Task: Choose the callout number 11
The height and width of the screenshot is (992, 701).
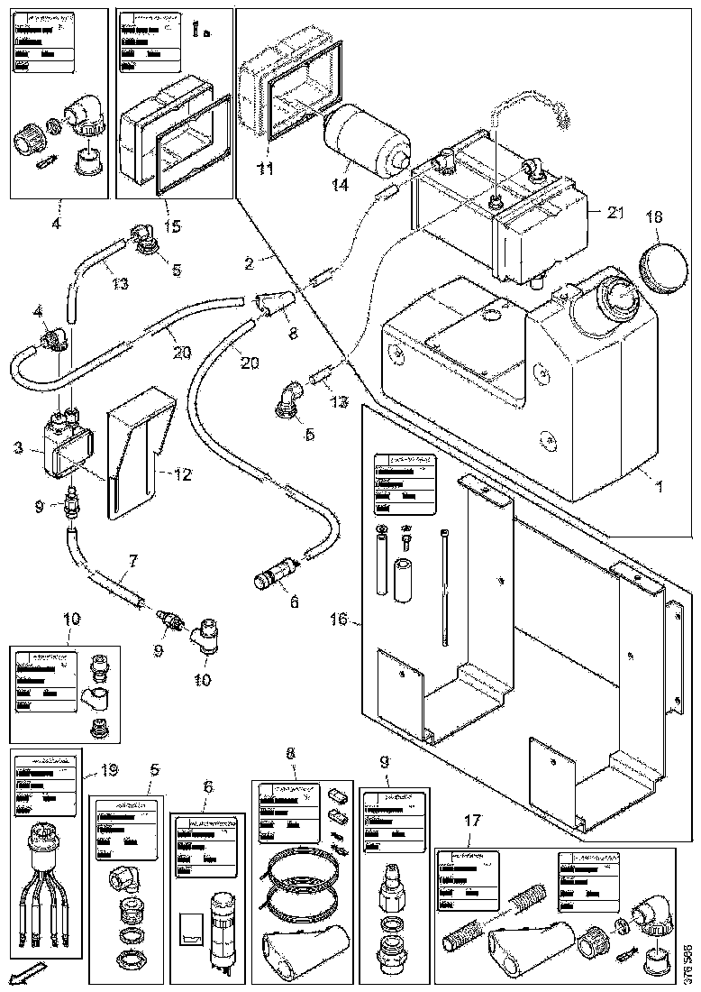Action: click(x=264, y=169)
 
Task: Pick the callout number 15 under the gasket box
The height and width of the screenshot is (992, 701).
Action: click(x=171, y=225)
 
